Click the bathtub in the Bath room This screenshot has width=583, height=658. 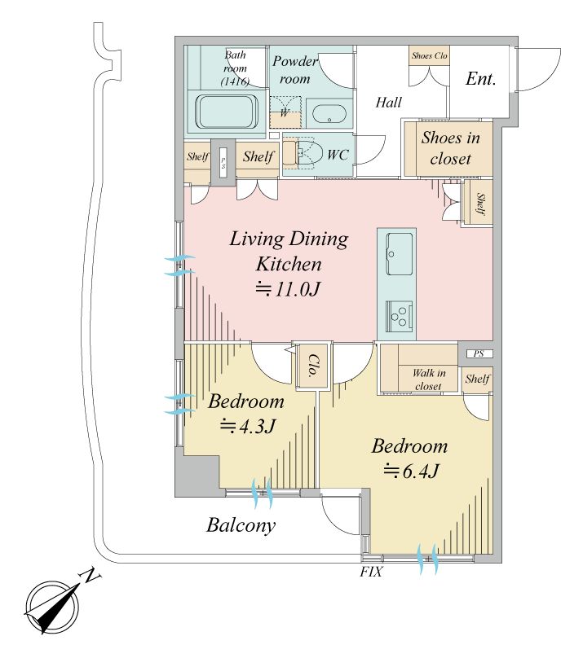pos(227,112)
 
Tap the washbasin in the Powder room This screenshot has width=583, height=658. pos(329,114)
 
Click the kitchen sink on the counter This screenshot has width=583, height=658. pos(399,254)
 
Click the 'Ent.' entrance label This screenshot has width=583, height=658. pos(480,79)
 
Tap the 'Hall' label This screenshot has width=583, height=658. pos(388,102)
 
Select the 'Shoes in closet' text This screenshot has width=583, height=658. pos(450,147)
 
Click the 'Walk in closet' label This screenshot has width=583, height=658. pos(428,379)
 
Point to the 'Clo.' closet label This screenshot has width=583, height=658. pos(314,365)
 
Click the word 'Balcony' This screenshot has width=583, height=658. pos(241,525)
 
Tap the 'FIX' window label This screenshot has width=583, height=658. pos(371,572)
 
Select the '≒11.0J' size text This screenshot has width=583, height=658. pos(288,289)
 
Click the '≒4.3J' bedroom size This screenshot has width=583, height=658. pos(248,427)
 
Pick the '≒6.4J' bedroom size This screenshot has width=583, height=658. pos(411,472)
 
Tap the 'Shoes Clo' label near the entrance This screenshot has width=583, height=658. pos(429,55)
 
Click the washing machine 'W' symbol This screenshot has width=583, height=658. pos(285,112)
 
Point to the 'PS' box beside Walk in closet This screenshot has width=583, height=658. pos(479,353)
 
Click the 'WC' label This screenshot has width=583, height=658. pos(338,155)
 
